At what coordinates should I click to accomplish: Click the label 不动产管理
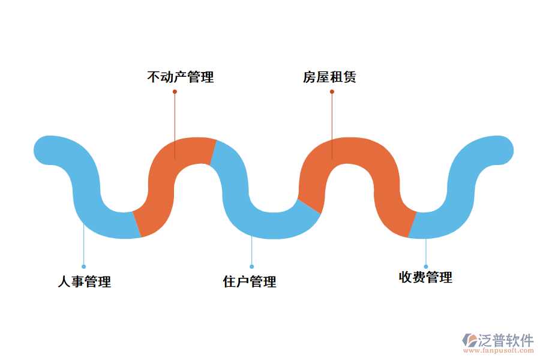(180, 77)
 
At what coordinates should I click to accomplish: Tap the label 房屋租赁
(329, 77)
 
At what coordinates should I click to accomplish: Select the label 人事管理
(84, 281)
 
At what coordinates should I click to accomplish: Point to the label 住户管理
(250, 281)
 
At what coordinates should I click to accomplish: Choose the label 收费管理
(425, 277)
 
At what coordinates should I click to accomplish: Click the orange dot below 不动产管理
(175, 92)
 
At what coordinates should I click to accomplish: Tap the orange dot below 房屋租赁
(332, 92)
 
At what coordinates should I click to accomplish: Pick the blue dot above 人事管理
(83, 266)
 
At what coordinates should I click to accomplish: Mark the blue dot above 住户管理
(251, 266)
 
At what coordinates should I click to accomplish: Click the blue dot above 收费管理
(426, 266)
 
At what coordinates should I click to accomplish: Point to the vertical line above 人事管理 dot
(83, 246)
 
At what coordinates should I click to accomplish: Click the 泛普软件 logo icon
(469, 341)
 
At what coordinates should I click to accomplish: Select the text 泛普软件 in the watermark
(505, 340)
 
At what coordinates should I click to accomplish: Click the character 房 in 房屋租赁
(310, 77)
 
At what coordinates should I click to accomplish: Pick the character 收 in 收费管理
(406, 277)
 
